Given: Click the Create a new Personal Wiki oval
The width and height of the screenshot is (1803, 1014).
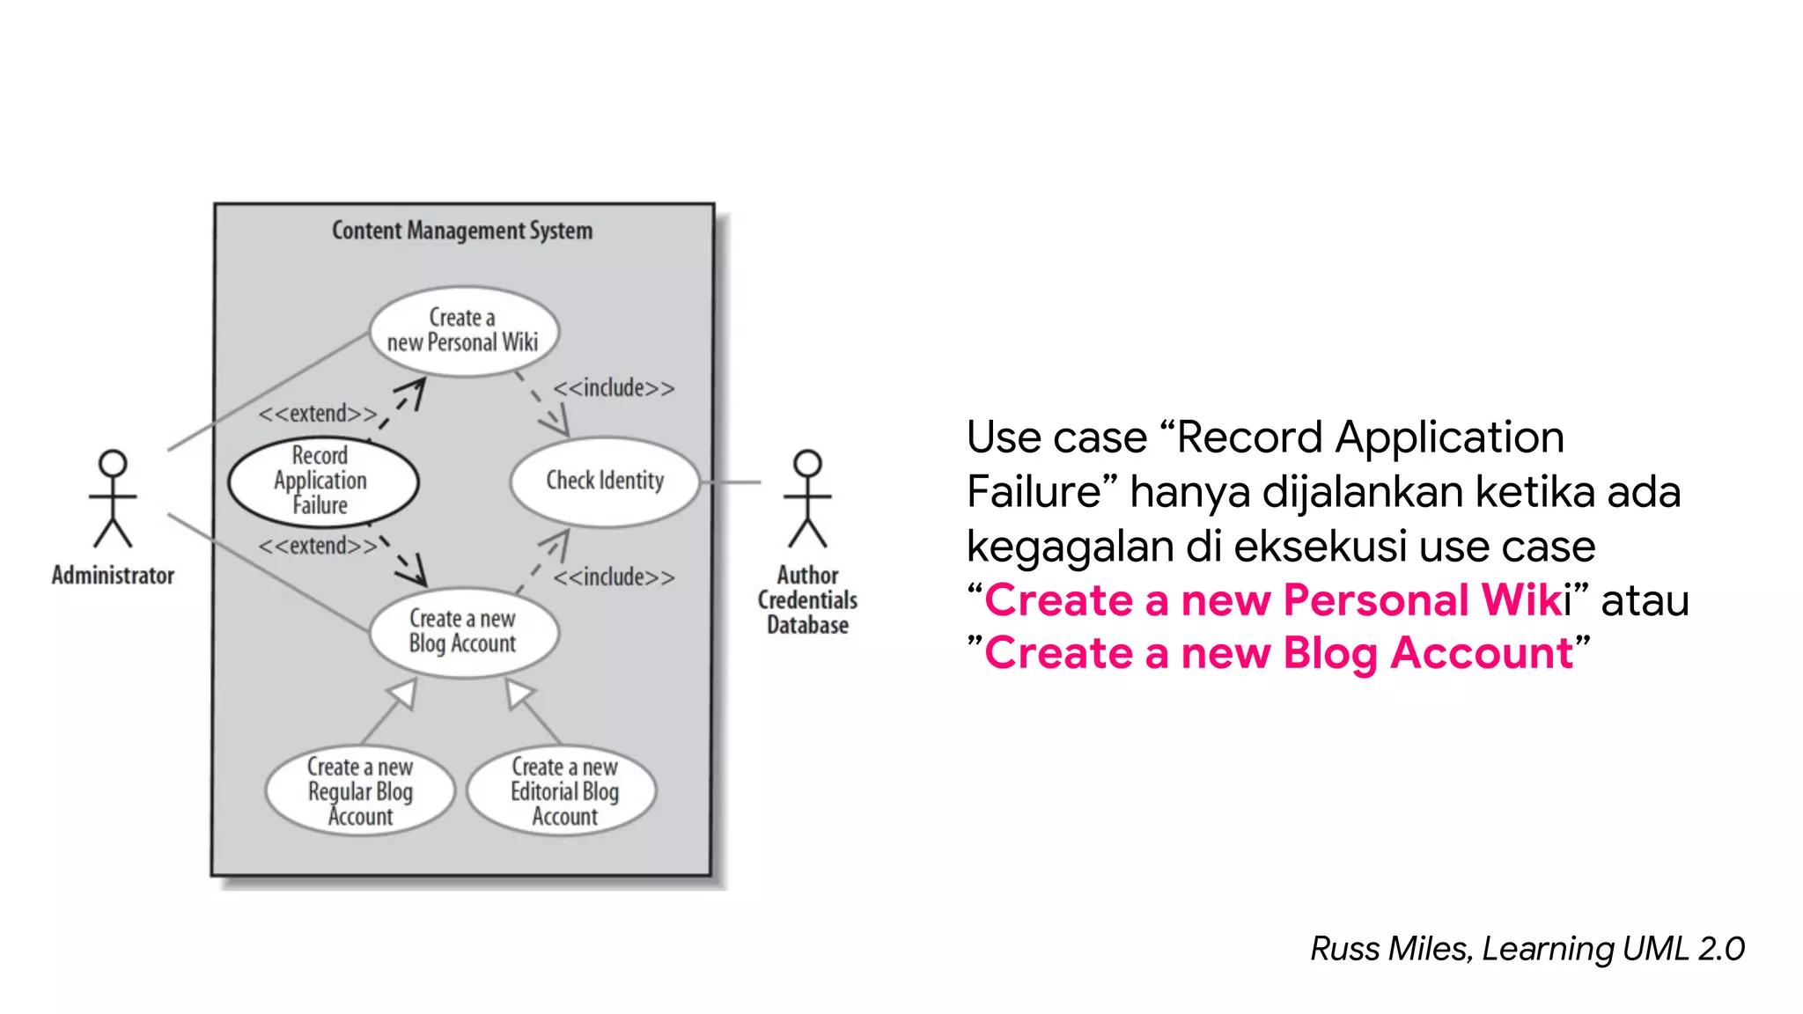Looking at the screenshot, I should [464, 331].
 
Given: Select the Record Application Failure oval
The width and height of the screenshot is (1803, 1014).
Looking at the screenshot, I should [322, 481].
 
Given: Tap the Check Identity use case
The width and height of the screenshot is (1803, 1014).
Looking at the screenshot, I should [605, 481].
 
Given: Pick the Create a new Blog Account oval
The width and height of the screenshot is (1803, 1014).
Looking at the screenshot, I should [463, 631].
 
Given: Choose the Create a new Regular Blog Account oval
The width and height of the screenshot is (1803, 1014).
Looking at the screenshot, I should [360, 791].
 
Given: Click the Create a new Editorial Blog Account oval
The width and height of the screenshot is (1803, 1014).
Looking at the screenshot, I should [563, 791].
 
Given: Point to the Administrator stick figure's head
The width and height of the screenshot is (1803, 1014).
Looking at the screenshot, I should [113, 464].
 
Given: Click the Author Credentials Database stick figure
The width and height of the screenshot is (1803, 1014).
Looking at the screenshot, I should [807, 498].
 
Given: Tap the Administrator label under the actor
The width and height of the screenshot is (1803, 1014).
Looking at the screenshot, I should [113, 576].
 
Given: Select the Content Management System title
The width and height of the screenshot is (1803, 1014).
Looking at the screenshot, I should [462, 231].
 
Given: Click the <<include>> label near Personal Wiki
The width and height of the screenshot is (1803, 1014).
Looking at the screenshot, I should [614, 388].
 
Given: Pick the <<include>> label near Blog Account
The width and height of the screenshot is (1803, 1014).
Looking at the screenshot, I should [614, 577].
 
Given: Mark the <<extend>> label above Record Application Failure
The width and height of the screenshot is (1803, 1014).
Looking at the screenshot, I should [317, 414].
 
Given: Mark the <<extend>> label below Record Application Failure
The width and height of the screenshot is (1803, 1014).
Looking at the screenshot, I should [317, 546].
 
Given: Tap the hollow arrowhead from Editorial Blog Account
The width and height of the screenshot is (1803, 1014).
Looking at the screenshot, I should [519, 693].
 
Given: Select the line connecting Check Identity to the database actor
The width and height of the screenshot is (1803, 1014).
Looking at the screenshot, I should [731, 481].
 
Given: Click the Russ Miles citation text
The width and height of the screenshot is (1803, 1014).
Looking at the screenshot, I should [1527, 949].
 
